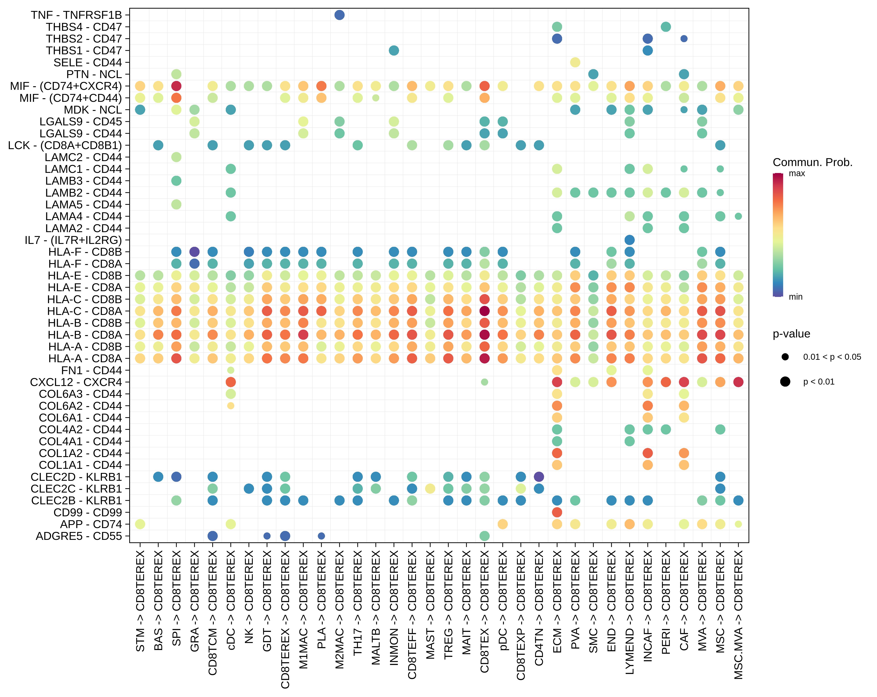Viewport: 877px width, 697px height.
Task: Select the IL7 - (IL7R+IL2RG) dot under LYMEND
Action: coord(629,240)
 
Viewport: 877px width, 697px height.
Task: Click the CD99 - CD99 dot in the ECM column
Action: coord(557,512)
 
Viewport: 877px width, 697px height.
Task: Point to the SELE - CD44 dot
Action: coord(575,62)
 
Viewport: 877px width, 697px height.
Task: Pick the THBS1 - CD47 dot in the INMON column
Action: coord(394,50)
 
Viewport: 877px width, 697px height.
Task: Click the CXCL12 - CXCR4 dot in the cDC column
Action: coord(231,382)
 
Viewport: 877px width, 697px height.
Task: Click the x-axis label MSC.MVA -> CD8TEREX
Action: coord(738,615)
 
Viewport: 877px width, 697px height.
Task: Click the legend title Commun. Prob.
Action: coord(812,163)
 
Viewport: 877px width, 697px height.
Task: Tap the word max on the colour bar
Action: coord(797,173)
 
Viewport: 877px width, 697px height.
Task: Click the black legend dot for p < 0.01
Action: coord(785,381)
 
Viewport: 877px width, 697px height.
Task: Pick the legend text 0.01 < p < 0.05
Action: coord(832,357)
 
